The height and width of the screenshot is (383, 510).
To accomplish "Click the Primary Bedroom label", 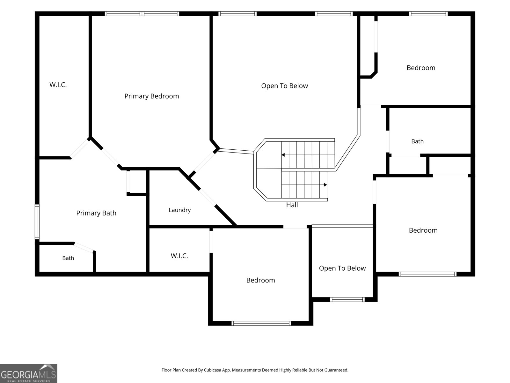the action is (x=151, y=96).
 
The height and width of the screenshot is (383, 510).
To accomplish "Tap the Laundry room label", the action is (x=179, y=210).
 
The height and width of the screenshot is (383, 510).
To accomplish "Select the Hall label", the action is (x=292, y=205).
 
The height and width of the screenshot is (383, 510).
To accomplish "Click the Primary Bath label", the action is (x=96, y=213).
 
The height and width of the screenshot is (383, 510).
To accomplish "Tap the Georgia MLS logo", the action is (x=29, y=373).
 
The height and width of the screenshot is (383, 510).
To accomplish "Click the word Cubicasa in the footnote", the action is (x=212, y=370).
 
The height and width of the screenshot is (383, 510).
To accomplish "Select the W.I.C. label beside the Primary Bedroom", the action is (x=58, y=85).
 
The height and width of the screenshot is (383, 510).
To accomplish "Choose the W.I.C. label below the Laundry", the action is (x=179, y=256).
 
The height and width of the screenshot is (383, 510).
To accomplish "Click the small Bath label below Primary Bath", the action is (x=68, y=258).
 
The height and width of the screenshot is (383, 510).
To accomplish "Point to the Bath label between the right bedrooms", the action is (x=417, y=141).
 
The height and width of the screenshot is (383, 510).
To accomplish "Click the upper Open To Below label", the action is (x=284, y=86).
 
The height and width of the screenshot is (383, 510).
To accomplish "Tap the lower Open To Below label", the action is (x=342, y=268).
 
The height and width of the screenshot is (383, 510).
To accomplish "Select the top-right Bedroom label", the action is (x=421, y=68).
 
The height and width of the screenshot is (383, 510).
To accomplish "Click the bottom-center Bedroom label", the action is (x=260, y=280).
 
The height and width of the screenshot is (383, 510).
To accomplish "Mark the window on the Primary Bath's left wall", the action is (x=37, y=222).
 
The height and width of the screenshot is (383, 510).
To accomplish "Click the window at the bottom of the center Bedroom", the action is (x=261, y=323).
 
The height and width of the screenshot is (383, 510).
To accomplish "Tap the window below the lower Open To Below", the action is (x=347, y=299).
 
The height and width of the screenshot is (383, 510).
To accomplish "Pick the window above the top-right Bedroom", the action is (x=428, y=14).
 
